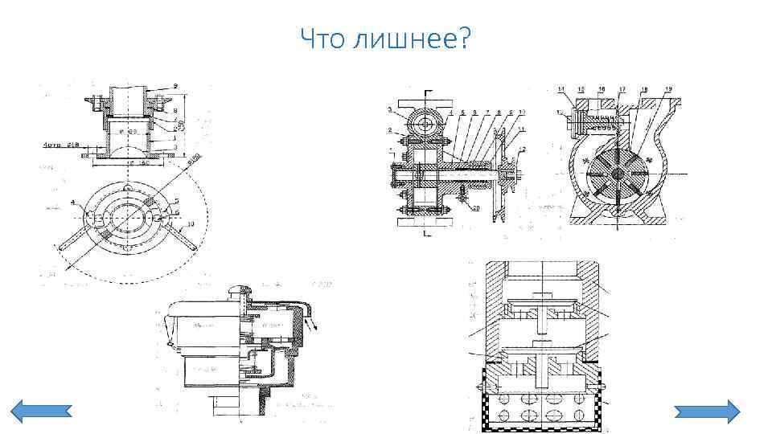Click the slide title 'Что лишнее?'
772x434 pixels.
385,37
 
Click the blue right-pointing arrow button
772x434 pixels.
705,411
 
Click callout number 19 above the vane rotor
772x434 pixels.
668,88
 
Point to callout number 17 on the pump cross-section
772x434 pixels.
622,88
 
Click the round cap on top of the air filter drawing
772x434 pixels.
241,291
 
